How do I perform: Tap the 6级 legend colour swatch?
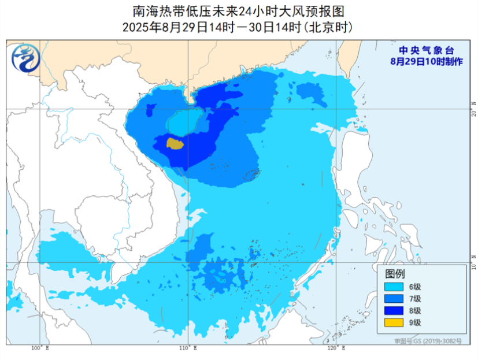394,287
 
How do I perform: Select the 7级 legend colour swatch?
394,298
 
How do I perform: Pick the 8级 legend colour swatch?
394,310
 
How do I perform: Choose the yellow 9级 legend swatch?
394,322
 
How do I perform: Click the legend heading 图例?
395,274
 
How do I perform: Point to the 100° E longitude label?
40,348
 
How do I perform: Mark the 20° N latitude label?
473,109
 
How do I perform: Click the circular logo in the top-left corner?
24,58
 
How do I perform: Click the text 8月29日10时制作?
426,61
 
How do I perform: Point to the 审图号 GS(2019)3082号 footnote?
428,342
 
